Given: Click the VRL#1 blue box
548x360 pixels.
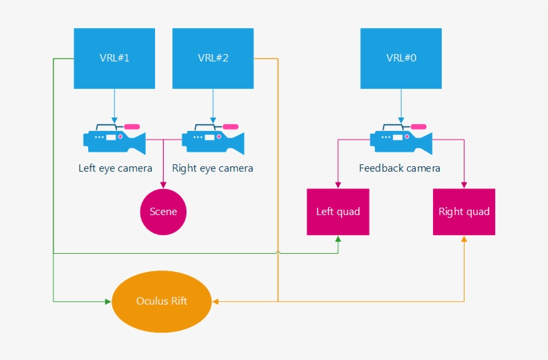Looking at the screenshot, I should click(114, 58).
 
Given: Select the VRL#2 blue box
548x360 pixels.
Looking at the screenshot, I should click(213, 58).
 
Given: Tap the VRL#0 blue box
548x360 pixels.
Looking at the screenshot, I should click(401, 58).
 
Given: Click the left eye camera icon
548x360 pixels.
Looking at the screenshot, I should click(114, 138).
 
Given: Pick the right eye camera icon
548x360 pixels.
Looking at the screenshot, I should click(213, 138).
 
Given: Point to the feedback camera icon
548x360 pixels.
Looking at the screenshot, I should click(401, 138).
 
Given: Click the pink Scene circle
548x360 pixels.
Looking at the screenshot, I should click(163, 212).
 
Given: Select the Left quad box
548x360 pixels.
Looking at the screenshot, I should click(338, 212).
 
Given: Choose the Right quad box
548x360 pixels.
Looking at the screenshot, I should click(464, 212).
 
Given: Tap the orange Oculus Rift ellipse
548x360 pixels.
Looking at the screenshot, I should click(162, 301).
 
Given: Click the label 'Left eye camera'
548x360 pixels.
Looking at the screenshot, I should click(116, 168).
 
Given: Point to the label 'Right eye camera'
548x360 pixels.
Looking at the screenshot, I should click(213, 168).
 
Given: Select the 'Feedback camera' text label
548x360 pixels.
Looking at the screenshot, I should click(400, 168).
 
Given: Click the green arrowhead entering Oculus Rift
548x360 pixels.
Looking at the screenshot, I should click(108, 301).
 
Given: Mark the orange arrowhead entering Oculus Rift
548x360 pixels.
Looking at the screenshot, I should click(216, 301).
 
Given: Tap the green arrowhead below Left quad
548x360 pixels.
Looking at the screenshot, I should click(338, 239).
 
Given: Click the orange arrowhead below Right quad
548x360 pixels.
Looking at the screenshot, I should click(464, 239).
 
